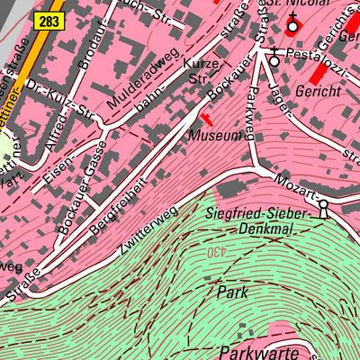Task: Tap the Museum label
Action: click(x=216, y=136)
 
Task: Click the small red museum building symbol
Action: click(x=207, y=118)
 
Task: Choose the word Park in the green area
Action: click(x=231, y=292)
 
